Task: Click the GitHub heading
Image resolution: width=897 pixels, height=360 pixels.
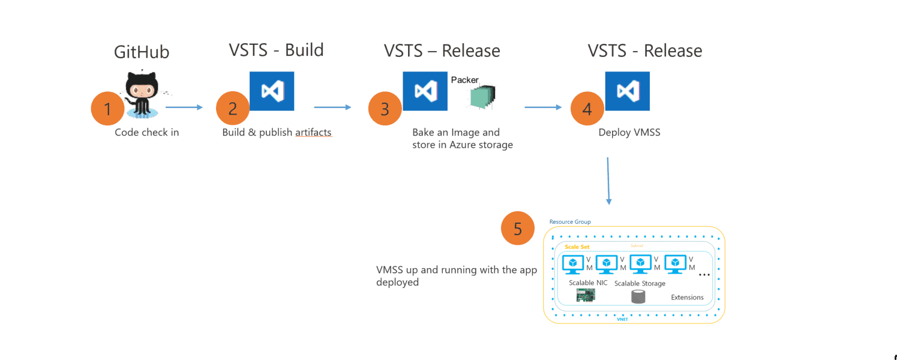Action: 142,52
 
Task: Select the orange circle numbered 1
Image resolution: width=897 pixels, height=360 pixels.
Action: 108,109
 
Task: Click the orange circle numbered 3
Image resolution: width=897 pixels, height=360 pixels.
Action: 385,109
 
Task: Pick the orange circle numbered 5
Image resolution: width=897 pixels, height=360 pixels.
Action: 518,229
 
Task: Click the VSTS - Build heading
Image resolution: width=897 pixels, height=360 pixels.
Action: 276,50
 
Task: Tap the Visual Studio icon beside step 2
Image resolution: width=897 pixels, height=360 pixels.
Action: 272,91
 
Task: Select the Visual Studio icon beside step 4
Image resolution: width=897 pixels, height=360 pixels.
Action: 627,91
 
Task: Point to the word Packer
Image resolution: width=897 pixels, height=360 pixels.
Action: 464,80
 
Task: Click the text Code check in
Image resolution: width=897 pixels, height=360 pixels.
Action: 147,133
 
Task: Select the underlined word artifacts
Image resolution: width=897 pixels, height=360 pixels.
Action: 313,133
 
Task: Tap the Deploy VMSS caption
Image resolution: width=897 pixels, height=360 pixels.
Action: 629,133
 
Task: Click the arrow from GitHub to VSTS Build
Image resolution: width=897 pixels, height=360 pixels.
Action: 184,108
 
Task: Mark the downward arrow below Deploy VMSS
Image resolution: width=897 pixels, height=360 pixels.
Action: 608,181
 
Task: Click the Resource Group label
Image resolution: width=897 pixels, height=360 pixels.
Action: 570,222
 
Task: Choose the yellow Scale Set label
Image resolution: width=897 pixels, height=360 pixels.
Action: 577,247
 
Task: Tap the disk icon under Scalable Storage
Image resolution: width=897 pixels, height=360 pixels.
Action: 638,296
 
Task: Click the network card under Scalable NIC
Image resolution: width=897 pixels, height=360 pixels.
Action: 586,295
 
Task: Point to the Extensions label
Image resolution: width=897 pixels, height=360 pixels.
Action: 687,298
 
